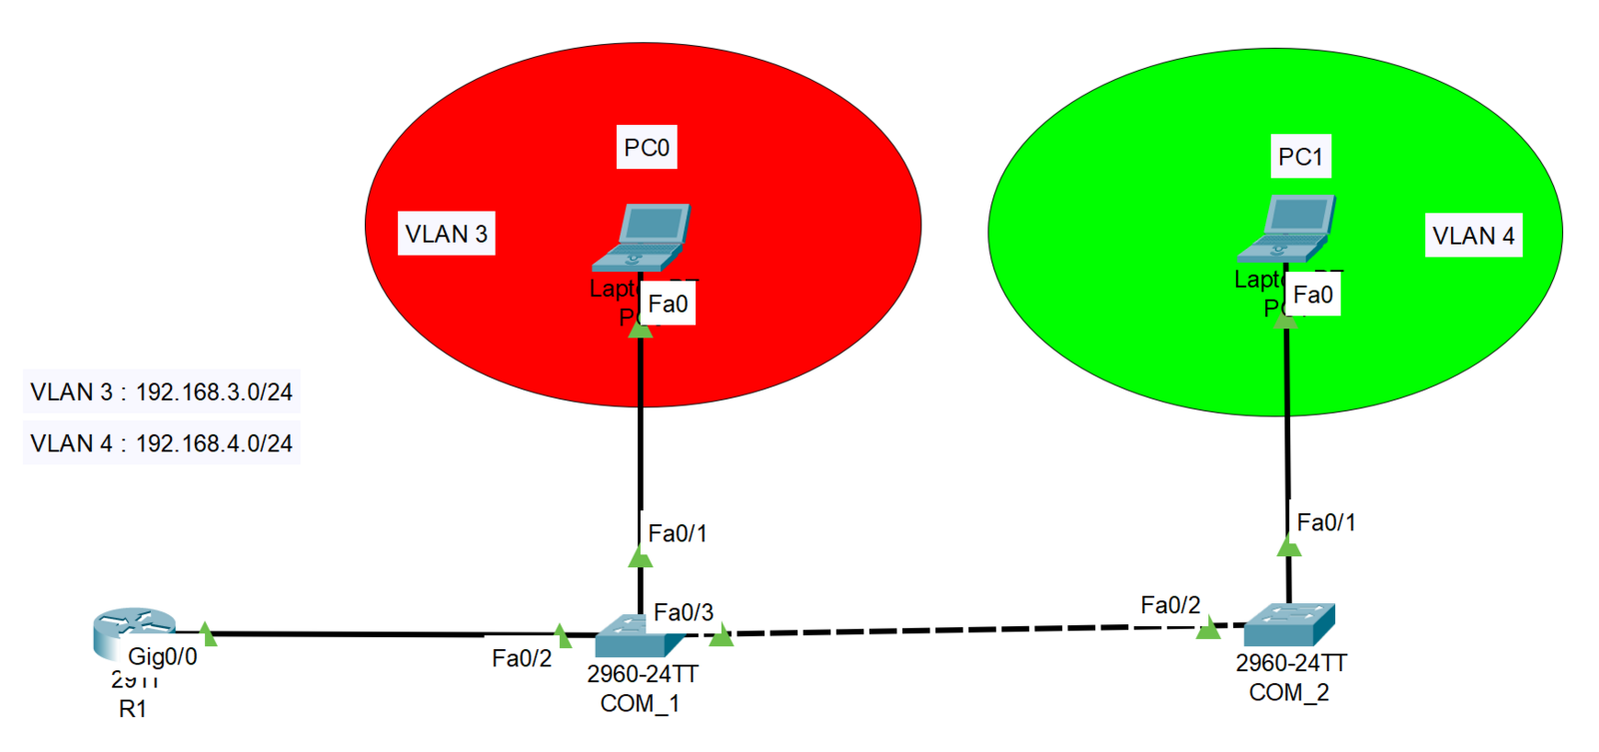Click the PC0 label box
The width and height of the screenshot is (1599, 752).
click(647, 148)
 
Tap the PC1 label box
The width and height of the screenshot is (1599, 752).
click(1300, 157)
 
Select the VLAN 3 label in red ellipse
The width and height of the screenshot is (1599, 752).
click(446, 234)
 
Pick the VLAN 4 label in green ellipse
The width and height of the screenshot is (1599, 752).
click(1473, 236)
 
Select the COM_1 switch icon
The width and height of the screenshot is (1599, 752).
click(636, 636)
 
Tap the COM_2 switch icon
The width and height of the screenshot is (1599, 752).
click(1289, 625)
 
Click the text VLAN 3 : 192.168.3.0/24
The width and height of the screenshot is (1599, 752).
click(161, 391)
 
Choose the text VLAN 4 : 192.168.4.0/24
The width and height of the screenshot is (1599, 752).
click(161, 443)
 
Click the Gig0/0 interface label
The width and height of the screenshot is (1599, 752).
click(162, 657)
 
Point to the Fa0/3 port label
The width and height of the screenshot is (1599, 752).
click(684, 612)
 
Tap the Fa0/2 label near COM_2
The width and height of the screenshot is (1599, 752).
click(1170, 605)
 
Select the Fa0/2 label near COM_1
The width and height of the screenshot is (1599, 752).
click(521, 658)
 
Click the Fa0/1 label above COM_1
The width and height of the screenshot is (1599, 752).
click(678, 533)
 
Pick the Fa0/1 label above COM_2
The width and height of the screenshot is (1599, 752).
click(1326, 522)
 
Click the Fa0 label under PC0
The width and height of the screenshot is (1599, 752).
click(668, 304)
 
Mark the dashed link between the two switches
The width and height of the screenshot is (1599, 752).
click(959, 629)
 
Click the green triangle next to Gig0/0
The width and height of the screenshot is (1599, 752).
click(207, 634)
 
